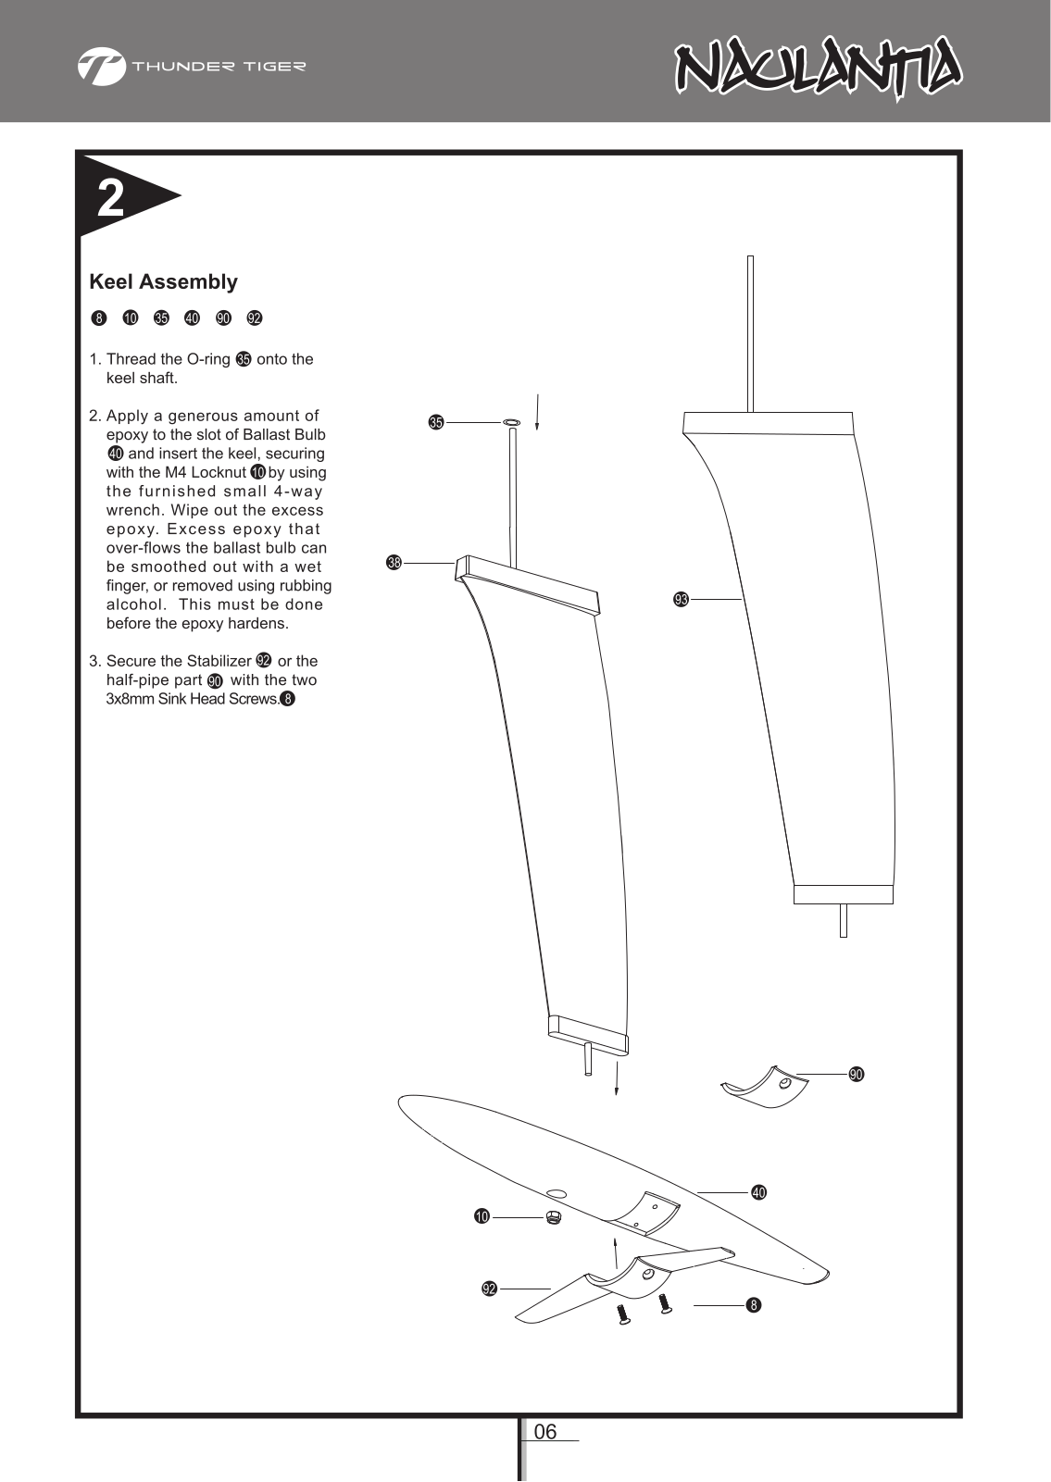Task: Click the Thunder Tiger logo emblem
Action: pos(101,67)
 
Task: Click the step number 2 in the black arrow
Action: pos(111,198)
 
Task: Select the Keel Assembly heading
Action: pos(163,281)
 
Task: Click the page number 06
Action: pos(546,1432)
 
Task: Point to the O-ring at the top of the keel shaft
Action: pos(511,423)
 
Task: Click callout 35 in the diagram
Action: pos(435,423)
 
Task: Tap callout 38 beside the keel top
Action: pos(394,562)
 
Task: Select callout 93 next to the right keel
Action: pos(681,600)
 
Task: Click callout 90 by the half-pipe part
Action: pos(857,1075)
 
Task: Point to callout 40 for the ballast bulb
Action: pos(758,1192)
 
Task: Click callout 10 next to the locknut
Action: pos(482,1216)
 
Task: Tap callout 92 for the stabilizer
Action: pos(489,1289)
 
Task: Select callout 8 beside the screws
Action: pos(754,1305)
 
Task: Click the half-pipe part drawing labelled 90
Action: pos(764,1089)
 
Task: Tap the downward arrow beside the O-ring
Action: pos(537,412)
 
